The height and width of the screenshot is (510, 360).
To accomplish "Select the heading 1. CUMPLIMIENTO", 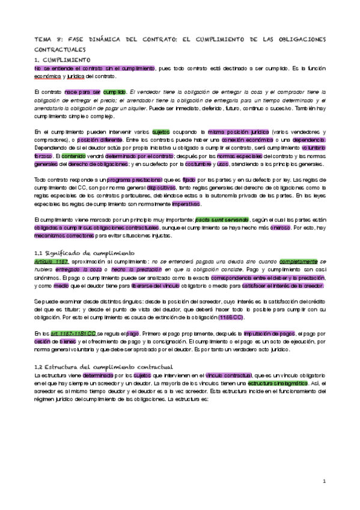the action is (x=63, y=61).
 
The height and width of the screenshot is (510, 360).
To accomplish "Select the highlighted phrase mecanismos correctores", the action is (x=58, y=236).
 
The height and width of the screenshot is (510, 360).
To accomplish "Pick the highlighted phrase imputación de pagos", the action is (x=270, y=333).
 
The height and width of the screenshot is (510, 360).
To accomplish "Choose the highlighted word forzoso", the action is (x=43, y=156).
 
